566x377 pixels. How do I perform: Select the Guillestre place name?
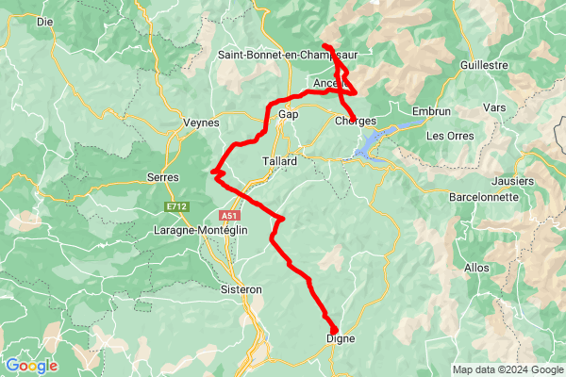(x=485, y=65)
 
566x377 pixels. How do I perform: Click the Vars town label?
(x=493, y=108)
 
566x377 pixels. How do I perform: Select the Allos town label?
(x=476, y=268)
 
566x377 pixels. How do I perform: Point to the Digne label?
(x=341, y=337)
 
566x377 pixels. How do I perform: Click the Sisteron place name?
(x=240, y=289)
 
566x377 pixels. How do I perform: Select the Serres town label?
(x=163, y=176)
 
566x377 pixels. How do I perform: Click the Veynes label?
(x=200, y=123)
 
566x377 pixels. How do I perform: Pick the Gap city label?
(x=289, y=114)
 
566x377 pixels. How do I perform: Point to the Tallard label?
(x=278, y=161)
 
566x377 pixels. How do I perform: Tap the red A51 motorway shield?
(x=240, y=216)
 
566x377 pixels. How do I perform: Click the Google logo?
(x=31, y=366)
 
